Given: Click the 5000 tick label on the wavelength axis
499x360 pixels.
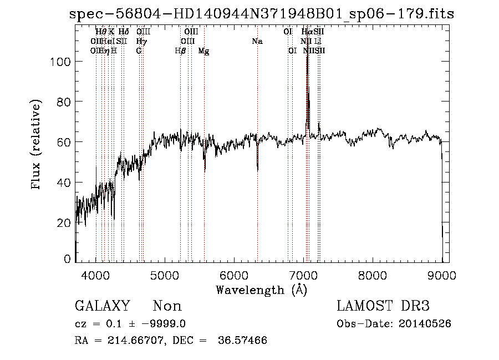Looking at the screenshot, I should [x=165, y=275].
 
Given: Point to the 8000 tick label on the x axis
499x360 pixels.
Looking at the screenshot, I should [x=373, y=275].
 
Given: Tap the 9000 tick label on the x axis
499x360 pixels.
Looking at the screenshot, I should [x=442, y=275].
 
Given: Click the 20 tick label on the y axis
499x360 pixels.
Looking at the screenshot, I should [x=65, y=223].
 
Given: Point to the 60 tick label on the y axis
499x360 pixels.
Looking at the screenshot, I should [x=65, y=142].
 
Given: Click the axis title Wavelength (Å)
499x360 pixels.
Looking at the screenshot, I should [x=261, y=289].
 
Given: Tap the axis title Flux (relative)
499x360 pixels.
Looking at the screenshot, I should [x=37, y=145].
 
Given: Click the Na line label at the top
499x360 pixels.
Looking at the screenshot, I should [x=257, y=42].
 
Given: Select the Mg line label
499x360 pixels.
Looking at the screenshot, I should [x=204, y=51].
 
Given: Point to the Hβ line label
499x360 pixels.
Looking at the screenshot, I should [x=180, y=51].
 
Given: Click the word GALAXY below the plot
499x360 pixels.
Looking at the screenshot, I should [x=102, y=306].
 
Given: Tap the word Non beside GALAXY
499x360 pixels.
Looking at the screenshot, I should [x=167, y=306].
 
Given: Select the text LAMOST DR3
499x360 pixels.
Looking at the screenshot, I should [x=383, y=306].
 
